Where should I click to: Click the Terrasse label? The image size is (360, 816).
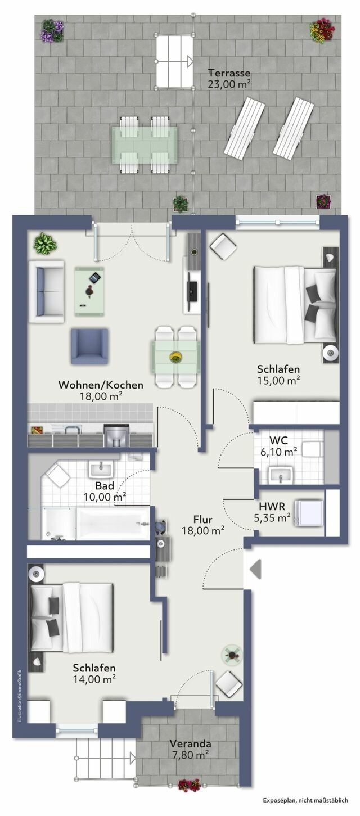click(229, 73)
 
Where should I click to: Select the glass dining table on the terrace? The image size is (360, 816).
click(144, 145)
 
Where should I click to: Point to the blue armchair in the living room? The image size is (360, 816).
click(89, 346)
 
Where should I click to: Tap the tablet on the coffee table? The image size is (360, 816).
click(94, 277)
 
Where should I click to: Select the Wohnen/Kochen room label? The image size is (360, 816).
click(101, 385)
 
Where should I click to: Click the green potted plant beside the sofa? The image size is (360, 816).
click(43, 244)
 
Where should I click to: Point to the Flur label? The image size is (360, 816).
click(202, 519)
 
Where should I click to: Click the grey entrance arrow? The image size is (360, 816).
click(255, 569)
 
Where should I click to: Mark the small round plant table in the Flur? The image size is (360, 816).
click(231, 654)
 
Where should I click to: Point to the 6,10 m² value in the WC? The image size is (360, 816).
click(283, 452)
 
